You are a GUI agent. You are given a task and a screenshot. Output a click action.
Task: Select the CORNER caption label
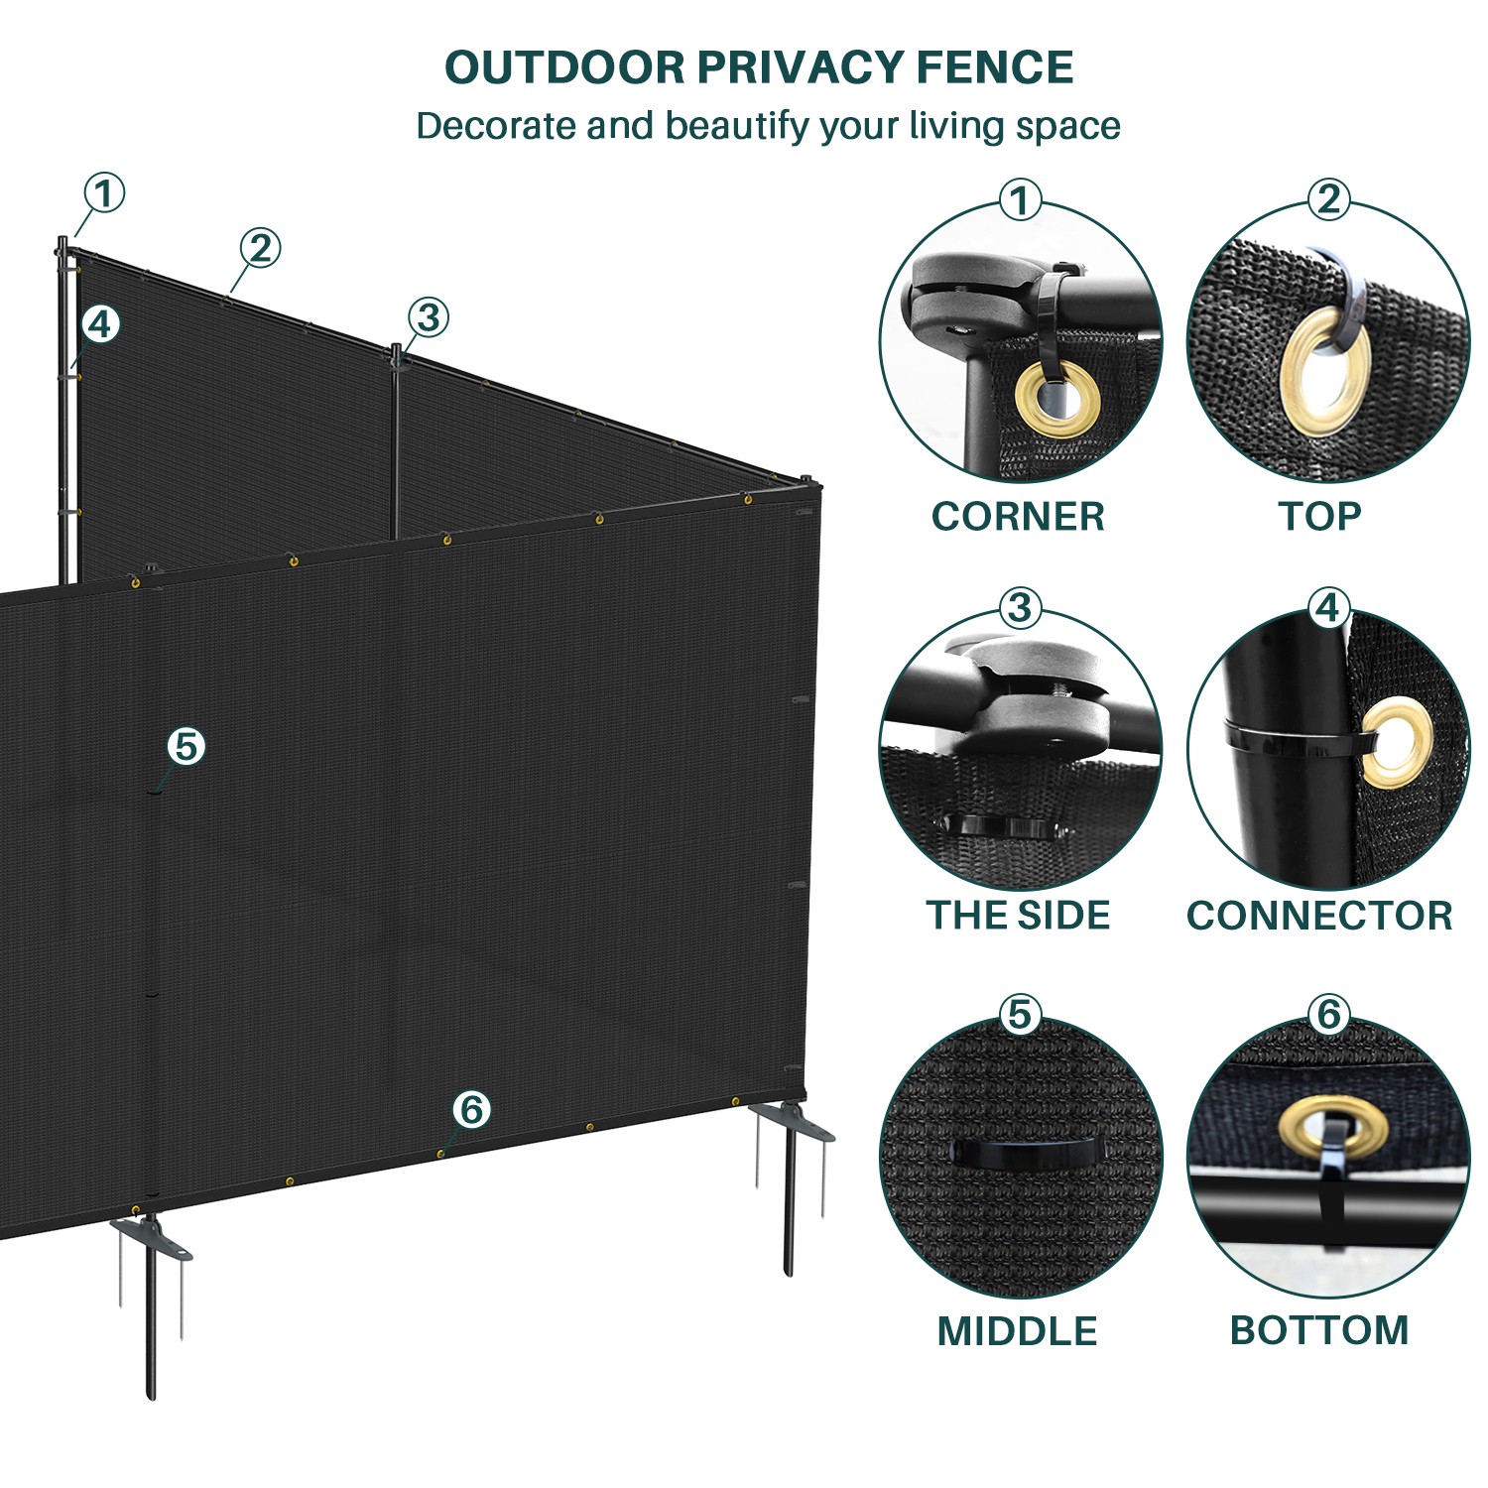(1018, 516)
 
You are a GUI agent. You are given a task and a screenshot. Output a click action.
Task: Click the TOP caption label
(1319, 516)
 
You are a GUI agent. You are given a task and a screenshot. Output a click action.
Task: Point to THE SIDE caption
(1018, 915)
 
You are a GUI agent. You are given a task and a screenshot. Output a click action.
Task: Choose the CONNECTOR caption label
(1319, 915)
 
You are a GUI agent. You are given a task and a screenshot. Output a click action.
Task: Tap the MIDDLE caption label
(1018, 1330)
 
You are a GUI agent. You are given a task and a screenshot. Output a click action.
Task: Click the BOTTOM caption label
(1319, 1330)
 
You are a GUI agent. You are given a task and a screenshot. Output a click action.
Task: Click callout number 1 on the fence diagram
(104, 192)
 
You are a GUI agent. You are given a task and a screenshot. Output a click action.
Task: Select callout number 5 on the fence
(186, 745)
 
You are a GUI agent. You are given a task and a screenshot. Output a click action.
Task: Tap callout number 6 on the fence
(471, 1108)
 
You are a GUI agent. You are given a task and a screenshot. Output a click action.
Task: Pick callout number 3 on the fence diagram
(429, 317)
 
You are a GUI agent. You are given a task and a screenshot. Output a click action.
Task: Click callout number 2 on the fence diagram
(260, 247)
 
